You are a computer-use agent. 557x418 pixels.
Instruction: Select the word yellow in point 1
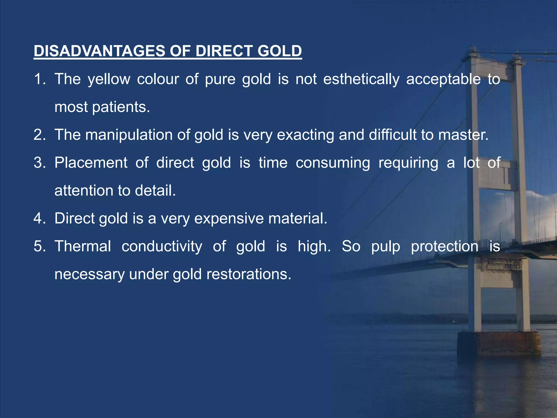[x=109, y=79]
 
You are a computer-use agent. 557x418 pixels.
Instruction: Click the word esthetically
[x=361, y=79]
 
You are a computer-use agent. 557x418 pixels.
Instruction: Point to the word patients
[x=121, y=107]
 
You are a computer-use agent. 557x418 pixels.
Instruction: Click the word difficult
[x=392, y=135]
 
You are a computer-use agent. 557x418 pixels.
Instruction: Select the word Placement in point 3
[x=91, y=163]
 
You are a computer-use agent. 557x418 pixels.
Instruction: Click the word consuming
[x=333, y=163]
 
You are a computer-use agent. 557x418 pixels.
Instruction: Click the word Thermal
[x=83, y=246]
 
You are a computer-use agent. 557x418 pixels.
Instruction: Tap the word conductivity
[x=162, y=246]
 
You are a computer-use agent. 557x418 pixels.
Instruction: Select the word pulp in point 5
[x=386, y=247]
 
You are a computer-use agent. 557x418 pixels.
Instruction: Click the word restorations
[x=249, y=274]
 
